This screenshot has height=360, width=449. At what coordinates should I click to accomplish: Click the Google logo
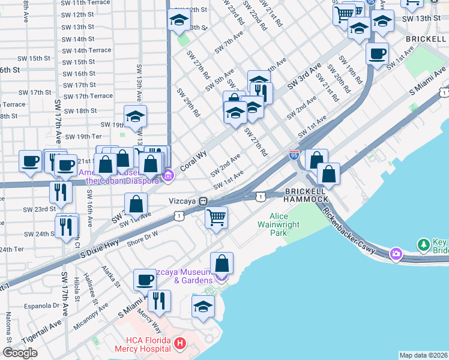[x=20, y=353]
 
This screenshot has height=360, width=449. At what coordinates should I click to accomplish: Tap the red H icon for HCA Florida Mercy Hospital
[x=179, y=344]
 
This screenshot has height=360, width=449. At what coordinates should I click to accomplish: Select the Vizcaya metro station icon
[x=204, y=202]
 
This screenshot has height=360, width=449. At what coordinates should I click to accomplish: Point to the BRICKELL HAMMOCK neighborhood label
[x=306, y=194]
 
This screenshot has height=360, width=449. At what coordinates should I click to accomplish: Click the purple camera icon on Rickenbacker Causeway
[x=396, y=254]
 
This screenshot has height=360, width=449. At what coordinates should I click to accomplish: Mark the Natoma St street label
[x=9, y=327]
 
